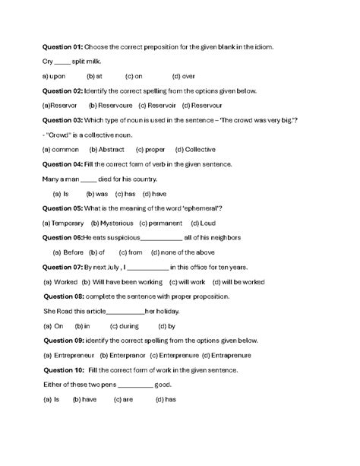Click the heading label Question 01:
coord(62,47)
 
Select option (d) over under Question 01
coord(184,76)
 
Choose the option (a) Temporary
coord(63,223)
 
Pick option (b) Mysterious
coord(112,223)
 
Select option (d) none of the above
coord(182,252)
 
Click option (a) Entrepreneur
coord(69,354)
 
